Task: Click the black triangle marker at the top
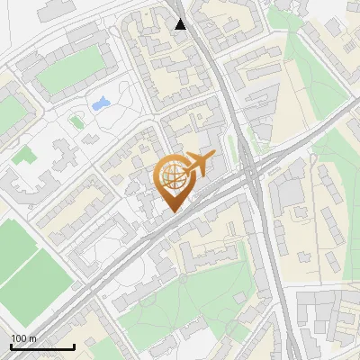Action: coord(181,24)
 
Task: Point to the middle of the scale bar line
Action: coord(42,346)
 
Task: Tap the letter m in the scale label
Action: coord(33,338)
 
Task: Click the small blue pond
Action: coord(100,103)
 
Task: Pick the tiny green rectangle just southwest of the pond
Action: coord(76,120)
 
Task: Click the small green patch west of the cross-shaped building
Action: coord(23,155)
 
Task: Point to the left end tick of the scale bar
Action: coord(11,346)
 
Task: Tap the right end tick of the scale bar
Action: coord(74,346)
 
